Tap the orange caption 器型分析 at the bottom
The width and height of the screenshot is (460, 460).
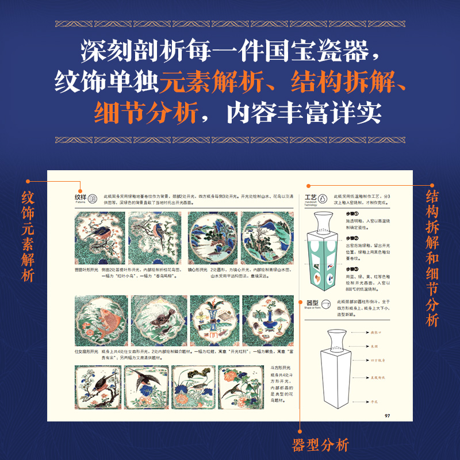point(321,444)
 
